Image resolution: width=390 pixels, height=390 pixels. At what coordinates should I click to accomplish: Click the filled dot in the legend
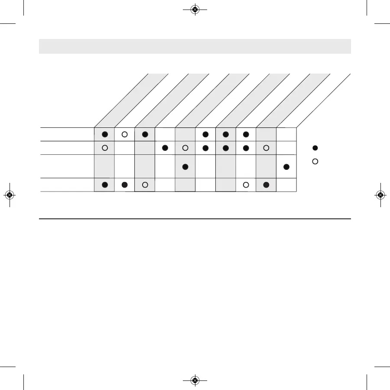[x=315, y=148]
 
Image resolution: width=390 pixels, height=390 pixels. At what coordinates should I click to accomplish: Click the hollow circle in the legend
[x=315, y=161]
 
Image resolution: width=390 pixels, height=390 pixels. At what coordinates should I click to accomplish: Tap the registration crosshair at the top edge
[x=195, y=9]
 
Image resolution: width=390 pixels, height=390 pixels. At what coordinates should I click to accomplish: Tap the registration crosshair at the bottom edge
[x=195, y=380]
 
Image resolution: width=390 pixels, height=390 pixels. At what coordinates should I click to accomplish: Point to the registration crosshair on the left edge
[x=10, y=195]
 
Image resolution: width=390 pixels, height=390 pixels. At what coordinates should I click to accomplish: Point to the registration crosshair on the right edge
[x=380, y=195]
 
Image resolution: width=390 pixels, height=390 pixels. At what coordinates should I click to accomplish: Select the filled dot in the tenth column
[x=286, y=167]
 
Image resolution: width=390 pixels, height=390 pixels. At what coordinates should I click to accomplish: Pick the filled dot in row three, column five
[x=185, y=167]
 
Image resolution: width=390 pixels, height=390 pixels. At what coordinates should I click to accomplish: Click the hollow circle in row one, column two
[x=124, y=134]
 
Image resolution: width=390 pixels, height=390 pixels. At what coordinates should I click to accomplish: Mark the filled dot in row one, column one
[x=104, y=134]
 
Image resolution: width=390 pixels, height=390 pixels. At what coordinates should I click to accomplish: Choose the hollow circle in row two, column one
[x=104, y=148]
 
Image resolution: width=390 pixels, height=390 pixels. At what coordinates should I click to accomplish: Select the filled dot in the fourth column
[x=165, y=148]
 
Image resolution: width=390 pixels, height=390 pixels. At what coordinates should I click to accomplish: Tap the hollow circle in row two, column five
[x=185, y=148]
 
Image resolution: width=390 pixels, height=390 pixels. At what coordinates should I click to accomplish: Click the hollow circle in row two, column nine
[x=266, y=148]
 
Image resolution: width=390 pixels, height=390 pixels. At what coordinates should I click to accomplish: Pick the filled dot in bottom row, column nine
[x=266, y=185]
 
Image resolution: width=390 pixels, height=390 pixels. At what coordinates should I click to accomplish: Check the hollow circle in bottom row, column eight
[x=246, y=185]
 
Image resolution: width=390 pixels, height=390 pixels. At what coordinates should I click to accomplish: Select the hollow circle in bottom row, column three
[x=145, y=185]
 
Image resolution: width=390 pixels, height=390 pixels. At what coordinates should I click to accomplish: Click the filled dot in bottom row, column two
[x=125, y=185]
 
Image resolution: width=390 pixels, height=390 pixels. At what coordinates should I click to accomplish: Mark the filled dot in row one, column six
[x=205, y=134]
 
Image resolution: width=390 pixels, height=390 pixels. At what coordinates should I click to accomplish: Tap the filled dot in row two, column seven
[x=226, y=148]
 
